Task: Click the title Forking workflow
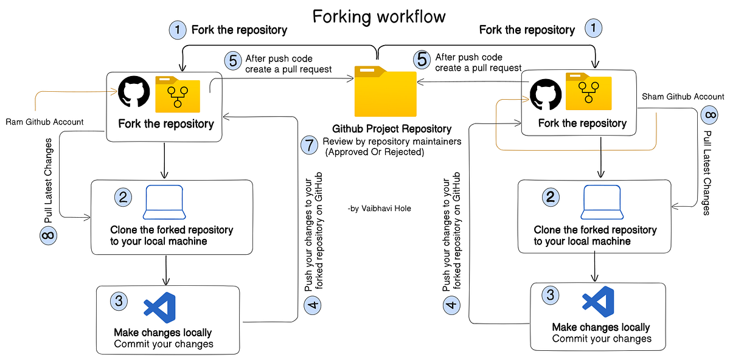point(378,16)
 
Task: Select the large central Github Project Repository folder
point(386,92)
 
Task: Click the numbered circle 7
point(310,145)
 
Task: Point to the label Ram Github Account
point(44,122)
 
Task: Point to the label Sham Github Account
point(683,97)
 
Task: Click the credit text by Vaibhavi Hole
point(380,208)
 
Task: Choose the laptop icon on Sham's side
point(603,202)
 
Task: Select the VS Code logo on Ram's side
point(159,308)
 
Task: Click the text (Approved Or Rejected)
point(374,152)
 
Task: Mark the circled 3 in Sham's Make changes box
point(551,296)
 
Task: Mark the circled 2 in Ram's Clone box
point(123,197)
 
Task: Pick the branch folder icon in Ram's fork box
point(178,94)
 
